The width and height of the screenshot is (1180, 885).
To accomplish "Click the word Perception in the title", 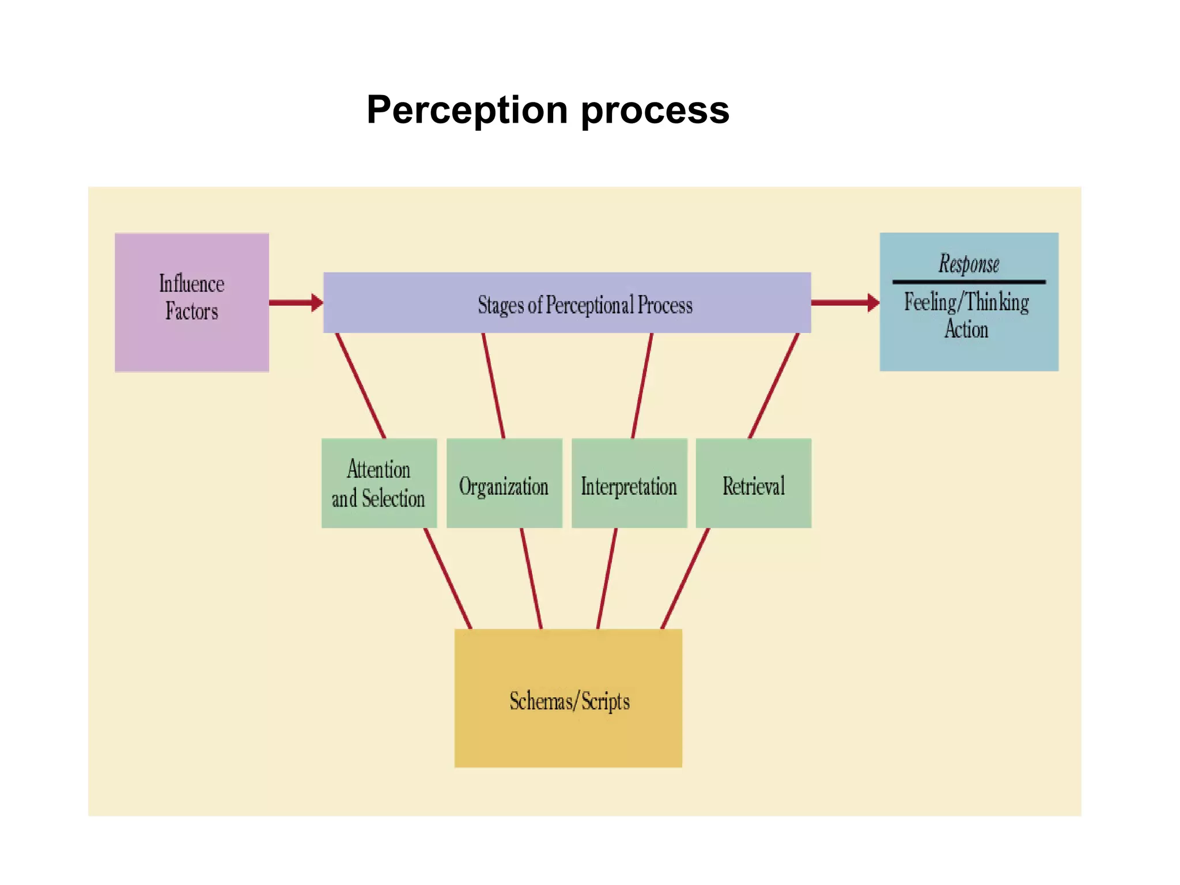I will point(467,109).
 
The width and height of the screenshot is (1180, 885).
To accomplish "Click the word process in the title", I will point(655,109).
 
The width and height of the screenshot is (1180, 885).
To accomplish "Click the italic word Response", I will point(969,264).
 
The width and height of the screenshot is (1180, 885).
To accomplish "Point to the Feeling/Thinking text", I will point(966,302).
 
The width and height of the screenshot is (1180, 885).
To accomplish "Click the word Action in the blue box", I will point(966,330).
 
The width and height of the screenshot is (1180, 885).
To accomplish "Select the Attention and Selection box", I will point(379,483).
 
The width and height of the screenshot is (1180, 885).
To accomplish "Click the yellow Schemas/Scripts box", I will point(568,699).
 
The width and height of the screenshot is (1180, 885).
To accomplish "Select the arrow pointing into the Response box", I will point(845,302).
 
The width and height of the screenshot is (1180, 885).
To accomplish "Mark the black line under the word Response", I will point(969,282).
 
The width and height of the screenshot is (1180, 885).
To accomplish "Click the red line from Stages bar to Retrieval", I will point(773,386).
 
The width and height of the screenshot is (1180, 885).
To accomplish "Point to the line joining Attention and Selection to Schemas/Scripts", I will point(448,578).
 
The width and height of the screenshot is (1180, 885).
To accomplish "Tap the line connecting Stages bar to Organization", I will point(494,386).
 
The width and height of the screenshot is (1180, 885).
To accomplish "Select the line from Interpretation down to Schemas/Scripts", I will point(607,578).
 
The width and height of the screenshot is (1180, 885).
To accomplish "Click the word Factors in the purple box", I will point(191,312).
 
